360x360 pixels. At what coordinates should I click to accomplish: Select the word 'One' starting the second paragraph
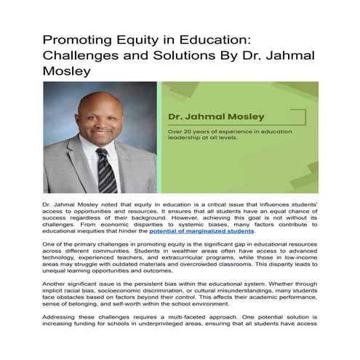50,247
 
